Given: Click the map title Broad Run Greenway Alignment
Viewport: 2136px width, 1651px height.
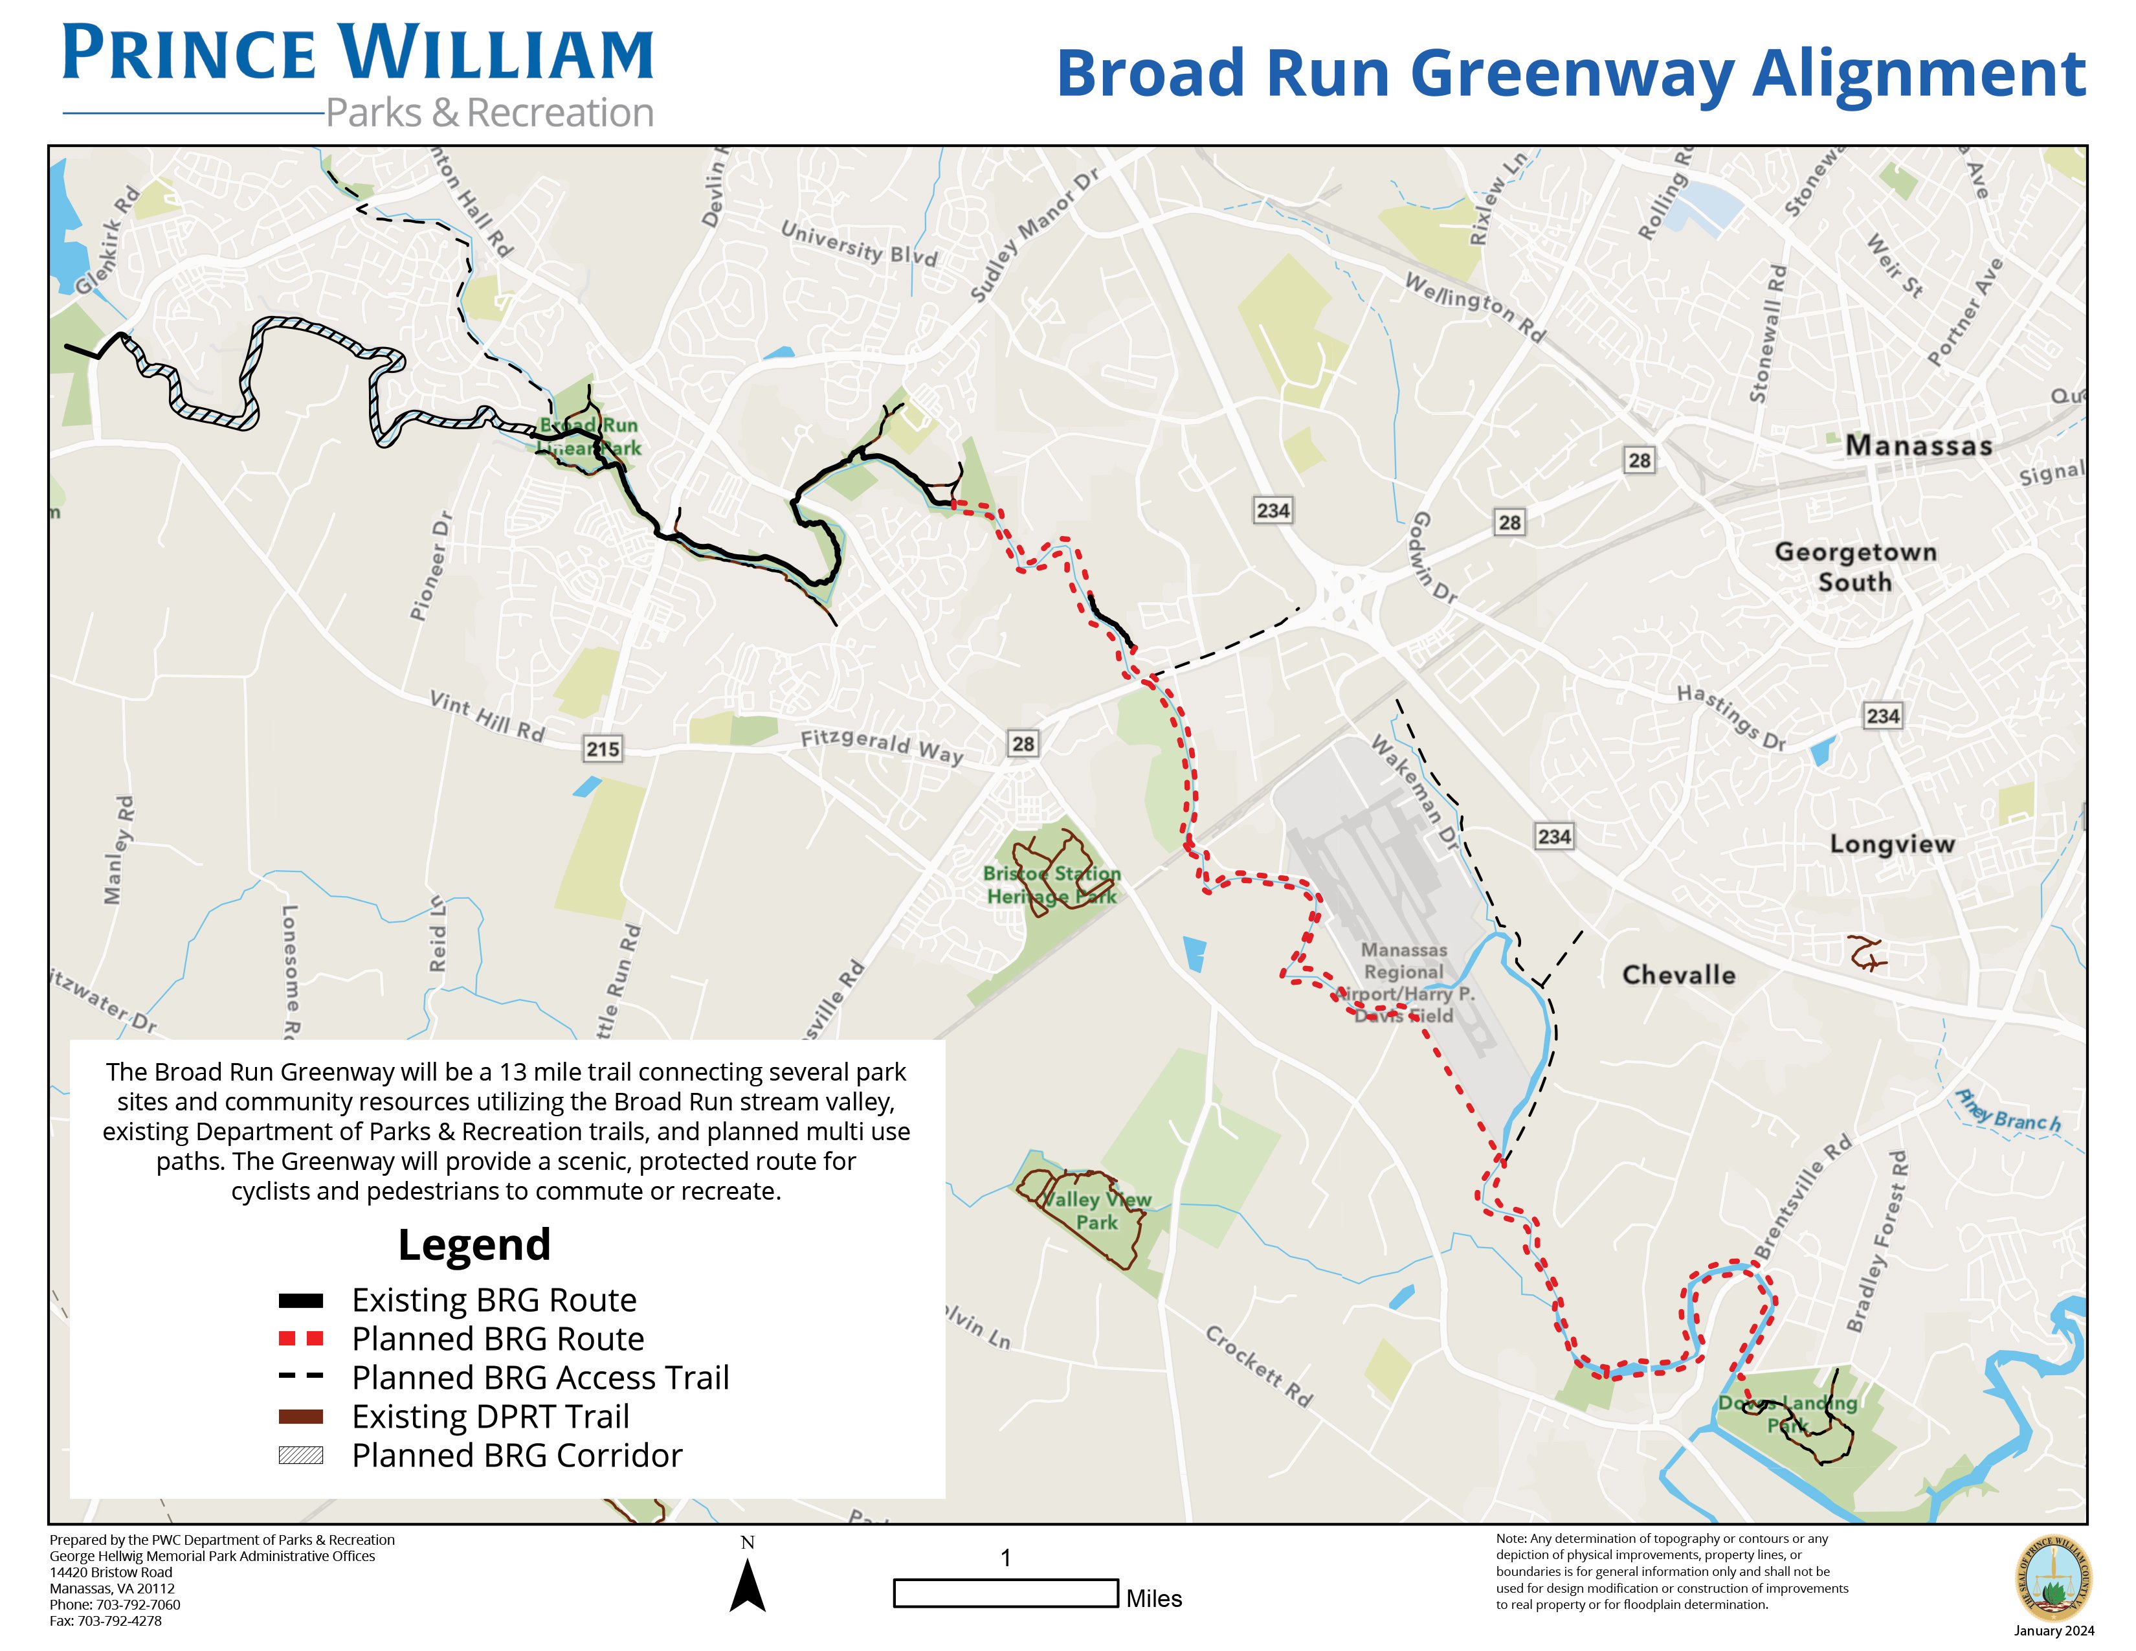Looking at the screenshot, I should pos(1571,74).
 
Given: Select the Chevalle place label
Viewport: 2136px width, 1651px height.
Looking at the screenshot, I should pos(1678,975).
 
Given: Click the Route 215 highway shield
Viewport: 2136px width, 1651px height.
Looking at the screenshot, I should pos(603,749).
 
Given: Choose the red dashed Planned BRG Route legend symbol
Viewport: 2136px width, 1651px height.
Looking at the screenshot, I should pos(300,1338).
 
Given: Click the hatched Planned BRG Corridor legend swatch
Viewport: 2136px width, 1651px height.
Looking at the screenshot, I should pos(300,1455).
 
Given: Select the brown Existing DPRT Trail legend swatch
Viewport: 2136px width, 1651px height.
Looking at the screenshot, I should pos(300,1416).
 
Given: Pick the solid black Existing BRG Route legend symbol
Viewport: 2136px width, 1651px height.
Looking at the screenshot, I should pos(300,1300).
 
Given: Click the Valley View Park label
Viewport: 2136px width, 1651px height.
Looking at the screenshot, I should pos(1096,1211).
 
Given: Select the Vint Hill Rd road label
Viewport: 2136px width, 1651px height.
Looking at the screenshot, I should pos(487,717).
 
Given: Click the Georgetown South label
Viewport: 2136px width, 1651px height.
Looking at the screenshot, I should pos(1855,567).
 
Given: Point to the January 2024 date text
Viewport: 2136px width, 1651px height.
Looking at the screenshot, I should pos(2054,1630).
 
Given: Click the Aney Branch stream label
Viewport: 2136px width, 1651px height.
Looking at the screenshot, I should pos(2008,1111).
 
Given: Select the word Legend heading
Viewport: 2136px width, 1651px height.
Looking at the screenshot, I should pos(474,1245).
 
